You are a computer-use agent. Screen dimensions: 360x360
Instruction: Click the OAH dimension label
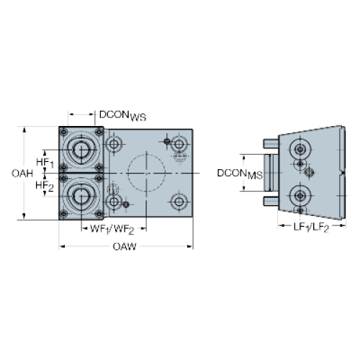(22, 174)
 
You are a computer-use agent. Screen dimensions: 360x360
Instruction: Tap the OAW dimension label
(125, 246)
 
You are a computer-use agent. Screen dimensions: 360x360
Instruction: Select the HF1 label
(45, 163)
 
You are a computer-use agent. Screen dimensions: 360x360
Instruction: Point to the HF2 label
(45, 186)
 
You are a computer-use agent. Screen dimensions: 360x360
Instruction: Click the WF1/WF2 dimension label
(112, 230)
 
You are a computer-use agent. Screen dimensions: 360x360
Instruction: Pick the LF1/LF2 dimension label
(311, 227)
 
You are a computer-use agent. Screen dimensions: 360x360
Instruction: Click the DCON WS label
(122, 116)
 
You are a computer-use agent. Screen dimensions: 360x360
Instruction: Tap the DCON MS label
(240, 174)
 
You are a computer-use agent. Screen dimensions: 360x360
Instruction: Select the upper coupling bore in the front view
(81, 150)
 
